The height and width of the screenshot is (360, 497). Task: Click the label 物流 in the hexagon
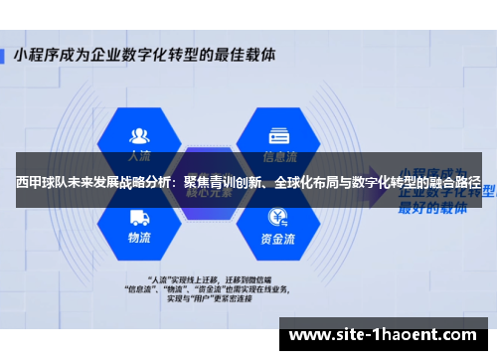click(x=140, y=239)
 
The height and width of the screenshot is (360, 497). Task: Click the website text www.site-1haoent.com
click(x=387, y=335)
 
